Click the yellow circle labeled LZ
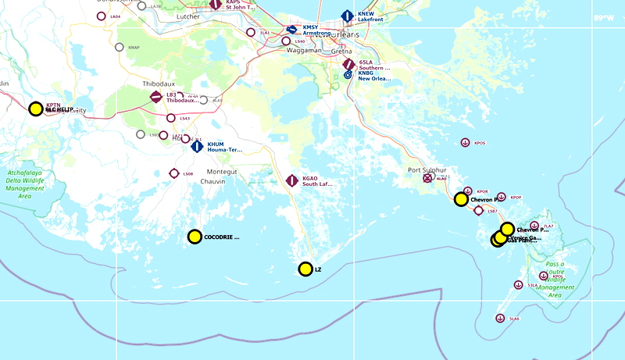(305, 269)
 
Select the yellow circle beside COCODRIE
(195, 237)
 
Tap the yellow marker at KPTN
(35, 109)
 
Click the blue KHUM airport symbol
(197, 146)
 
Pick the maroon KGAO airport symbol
(292, 181)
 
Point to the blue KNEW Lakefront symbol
(348, 16)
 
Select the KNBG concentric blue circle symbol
(348, 76)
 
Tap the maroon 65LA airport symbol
(348, 64)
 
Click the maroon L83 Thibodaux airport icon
(156, 97)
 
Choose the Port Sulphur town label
(427, 169)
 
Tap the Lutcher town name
(190, 15)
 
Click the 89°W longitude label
(604, 17)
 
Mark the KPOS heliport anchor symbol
(465, 142)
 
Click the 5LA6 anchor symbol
(500, 318)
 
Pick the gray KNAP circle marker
(120, 47)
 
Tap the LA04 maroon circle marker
(101, 16)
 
